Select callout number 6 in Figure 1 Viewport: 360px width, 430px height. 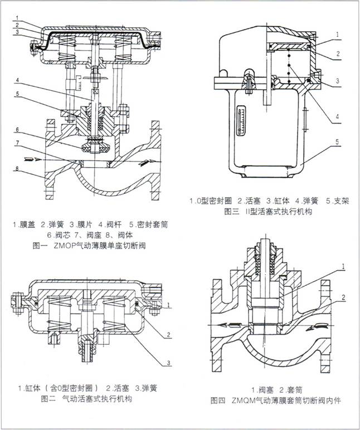[17, 129]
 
